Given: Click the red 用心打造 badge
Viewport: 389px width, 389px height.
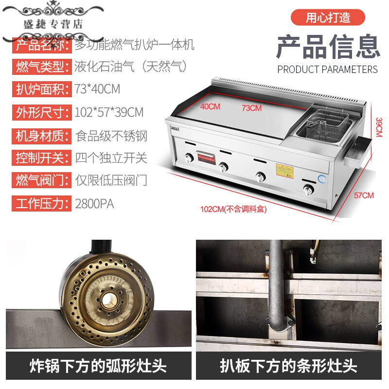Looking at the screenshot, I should coord(328,18).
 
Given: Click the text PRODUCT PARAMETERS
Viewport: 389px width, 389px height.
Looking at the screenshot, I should coord(327,70).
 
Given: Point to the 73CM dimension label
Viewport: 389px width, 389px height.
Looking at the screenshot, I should coord(251,108).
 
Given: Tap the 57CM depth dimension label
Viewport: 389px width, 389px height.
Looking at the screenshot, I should coord(364,195).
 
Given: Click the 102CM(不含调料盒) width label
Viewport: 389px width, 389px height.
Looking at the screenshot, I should coord(233,210).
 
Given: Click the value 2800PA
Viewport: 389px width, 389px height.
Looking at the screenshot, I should coord(95,203).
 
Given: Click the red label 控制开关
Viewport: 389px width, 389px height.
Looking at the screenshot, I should coord(40,158).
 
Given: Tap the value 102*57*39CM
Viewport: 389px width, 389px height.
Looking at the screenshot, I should coord(109,112).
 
